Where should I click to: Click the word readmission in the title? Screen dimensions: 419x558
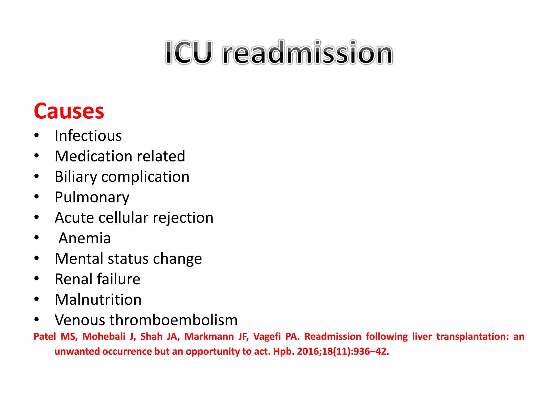(308, 52)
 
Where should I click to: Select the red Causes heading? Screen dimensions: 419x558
(69, 111)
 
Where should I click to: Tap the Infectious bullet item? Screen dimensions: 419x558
(88, 136)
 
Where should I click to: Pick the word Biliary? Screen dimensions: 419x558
(76, 177)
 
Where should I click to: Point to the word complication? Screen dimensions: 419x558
(145, 177)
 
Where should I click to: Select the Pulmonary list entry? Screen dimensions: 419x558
(92, 197)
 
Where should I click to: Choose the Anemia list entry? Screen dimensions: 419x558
(85, 238)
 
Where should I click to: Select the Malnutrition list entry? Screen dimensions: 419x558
(98, 300)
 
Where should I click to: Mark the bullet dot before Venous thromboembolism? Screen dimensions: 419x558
(37, 319)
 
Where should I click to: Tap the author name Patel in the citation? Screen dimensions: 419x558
(45, 337)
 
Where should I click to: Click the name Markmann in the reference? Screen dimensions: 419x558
(209, 337)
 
